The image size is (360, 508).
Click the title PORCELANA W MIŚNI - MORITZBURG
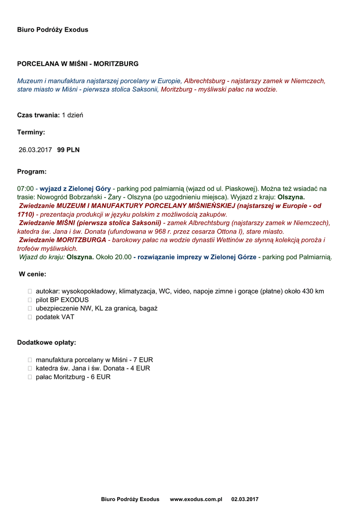tap(78, 64)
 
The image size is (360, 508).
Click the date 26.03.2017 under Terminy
tap(35, 150)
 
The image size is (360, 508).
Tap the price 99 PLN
tap(69, 150)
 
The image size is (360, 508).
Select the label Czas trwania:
tap(38, 115)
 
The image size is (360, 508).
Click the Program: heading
tap(32, 172)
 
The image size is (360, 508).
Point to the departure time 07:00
tap(25, 189)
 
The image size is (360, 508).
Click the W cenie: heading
tap(33, 274)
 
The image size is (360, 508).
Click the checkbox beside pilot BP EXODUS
tap(30, 300)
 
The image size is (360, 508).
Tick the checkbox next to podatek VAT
tap(30, 317)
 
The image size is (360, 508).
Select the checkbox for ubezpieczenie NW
tap(30, 309)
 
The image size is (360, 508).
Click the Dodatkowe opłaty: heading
tap(47, 343)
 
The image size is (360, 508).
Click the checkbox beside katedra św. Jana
tap(30, 369)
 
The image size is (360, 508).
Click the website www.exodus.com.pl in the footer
tap(196, 499)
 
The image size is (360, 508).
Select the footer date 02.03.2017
tap(245, 499)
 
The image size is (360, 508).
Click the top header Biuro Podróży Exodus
tap(53, 30)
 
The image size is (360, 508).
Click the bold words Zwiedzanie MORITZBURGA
tap(63, 240)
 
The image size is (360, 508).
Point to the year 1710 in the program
tap(25, 215)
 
